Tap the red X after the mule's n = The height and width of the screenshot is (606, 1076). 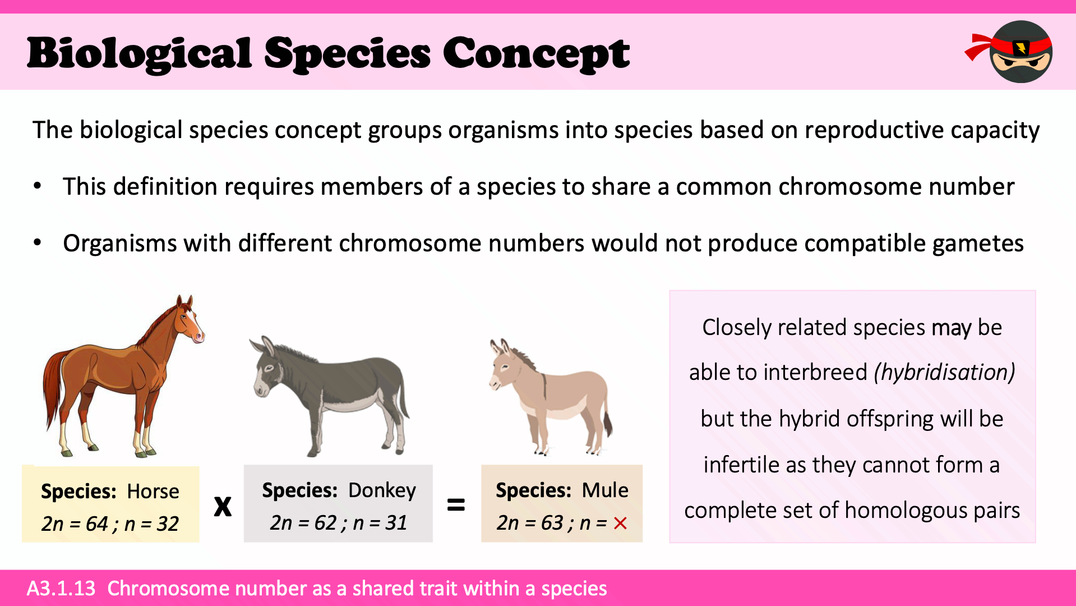click(620, 524)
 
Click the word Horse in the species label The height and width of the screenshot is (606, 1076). click(153, 492)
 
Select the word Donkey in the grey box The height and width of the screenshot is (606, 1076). click(382, 491)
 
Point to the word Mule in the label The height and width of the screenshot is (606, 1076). click(605, 490)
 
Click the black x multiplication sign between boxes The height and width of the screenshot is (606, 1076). click(223, 506)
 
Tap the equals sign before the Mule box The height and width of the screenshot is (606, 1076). click(456, 504)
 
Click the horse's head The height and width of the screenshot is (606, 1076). click(190, 319)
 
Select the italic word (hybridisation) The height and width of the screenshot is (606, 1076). click(945, 372)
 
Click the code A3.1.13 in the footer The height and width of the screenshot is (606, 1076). click(61, 588)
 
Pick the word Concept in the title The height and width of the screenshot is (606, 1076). click(537, 54)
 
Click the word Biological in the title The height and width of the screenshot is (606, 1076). click(140, 54)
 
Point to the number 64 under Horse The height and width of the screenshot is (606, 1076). click(96, 524)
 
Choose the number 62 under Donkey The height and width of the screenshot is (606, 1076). click(325, 522)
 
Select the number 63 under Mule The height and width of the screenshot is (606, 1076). click(552, 522)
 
